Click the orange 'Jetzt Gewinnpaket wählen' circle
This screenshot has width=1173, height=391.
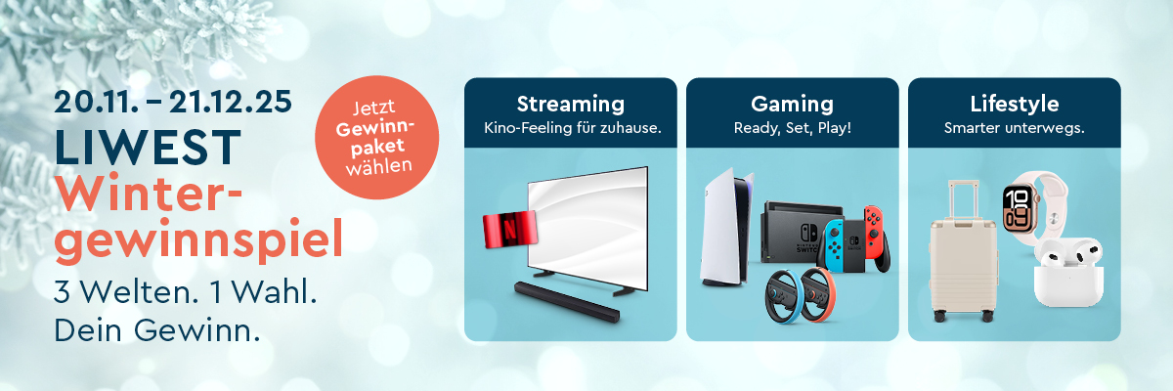376,142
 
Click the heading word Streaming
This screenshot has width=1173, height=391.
570,104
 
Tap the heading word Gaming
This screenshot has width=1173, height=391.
792,104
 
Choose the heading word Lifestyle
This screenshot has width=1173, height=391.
1014,104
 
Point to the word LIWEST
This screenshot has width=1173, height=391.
148,148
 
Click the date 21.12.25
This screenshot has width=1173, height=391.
230,101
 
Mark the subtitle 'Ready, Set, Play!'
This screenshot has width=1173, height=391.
792,128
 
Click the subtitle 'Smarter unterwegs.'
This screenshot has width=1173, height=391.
1014,128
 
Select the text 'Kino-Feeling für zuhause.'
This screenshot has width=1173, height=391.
570,128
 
